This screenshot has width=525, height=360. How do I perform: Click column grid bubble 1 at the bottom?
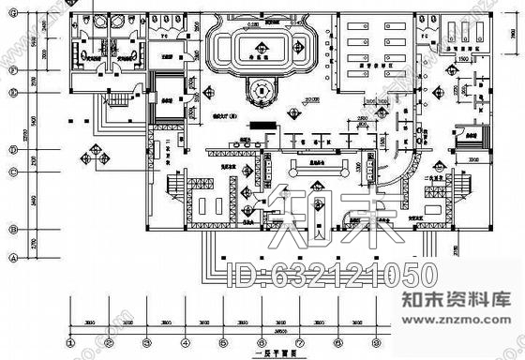pyautogui.click(x=69, y=342)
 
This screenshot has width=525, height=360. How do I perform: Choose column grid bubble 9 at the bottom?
pyautogui.click(x=375, y=342)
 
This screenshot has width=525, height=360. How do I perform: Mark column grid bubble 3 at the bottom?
pyautogui.click(x=146, y=342)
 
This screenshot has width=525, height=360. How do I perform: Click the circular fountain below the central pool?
pyautogui.click(x=260, y=91)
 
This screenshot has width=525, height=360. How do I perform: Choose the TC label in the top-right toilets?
pyautogui.click(x=426, y=33)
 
